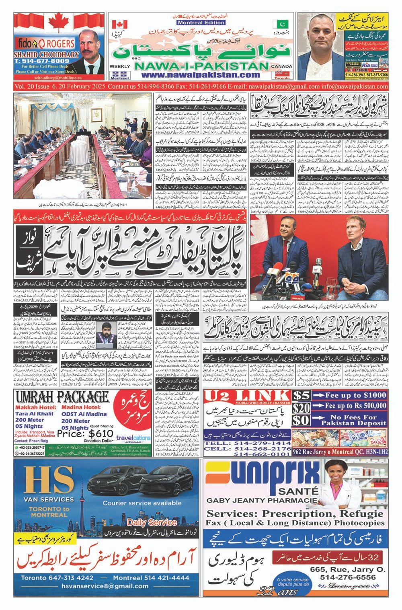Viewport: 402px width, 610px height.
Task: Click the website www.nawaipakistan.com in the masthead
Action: pos(200,75)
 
